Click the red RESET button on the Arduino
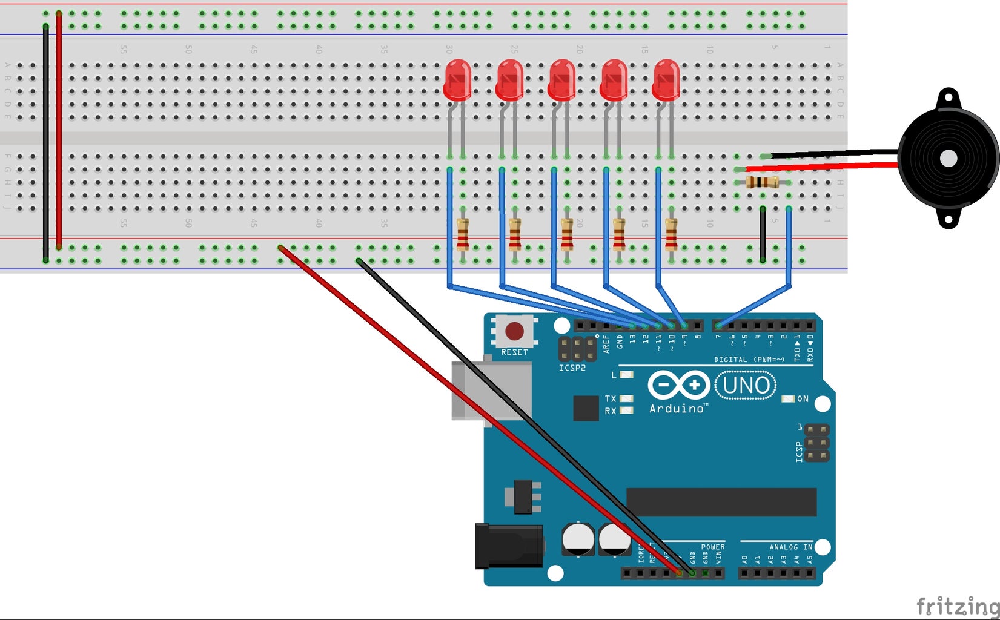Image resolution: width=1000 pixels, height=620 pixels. [x=514, y=331]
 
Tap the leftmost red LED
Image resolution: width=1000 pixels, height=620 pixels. [x=457, y=80]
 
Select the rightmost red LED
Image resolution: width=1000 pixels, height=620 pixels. [x=666, y=80]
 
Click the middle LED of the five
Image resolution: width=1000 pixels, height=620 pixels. [x=562, y=80]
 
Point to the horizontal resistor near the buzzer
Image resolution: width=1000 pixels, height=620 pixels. [x=762, y=182]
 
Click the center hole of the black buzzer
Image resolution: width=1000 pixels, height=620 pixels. [x=948, y=159]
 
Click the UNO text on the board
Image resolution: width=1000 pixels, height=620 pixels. [x=746, y=386]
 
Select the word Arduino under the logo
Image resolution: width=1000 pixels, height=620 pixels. [x=677, y=409]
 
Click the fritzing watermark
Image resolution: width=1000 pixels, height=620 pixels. [x=957, y=605]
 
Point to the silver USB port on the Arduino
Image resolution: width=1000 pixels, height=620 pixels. [x=478, y=391]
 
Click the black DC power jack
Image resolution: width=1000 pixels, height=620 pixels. [x=508, y=546]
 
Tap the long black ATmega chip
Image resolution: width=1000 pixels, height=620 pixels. [x=721, y=502]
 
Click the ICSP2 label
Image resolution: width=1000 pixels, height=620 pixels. [x=572, y=368]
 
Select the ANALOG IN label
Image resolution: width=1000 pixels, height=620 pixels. [x=790, y=547]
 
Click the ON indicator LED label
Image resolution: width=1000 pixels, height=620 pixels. [x=803, y=399]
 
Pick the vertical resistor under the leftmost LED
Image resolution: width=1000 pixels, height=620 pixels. [x=462, y=235]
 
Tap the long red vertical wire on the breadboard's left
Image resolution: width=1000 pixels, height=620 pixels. [x=59, y=130]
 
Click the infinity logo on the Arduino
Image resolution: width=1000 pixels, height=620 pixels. [x=679, y=385]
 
